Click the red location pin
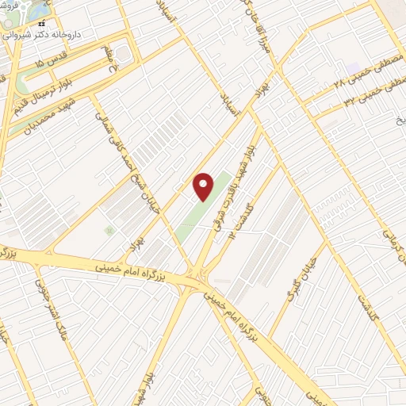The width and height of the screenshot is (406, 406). pyautogui.click(x=204, y=186)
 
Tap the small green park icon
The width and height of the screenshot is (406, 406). pyautogui.click(x=109, y=230)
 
